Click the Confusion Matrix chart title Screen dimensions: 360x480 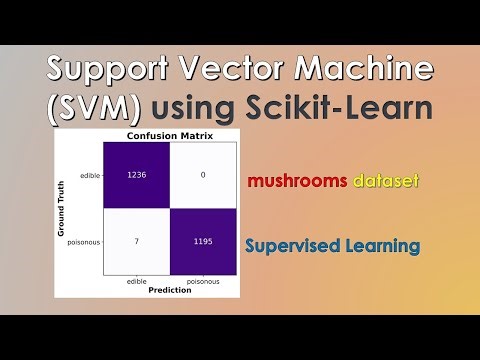[x=169, y=135]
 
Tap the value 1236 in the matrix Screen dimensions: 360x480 [x=137, y=174]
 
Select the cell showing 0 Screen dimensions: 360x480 [x=202, y=174]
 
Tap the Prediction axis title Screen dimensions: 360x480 [x=169, y=291]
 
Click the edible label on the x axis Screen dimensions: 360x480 [x=137, y=282]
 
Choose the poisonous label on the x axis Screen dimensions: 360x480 [x=202, y=282]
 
